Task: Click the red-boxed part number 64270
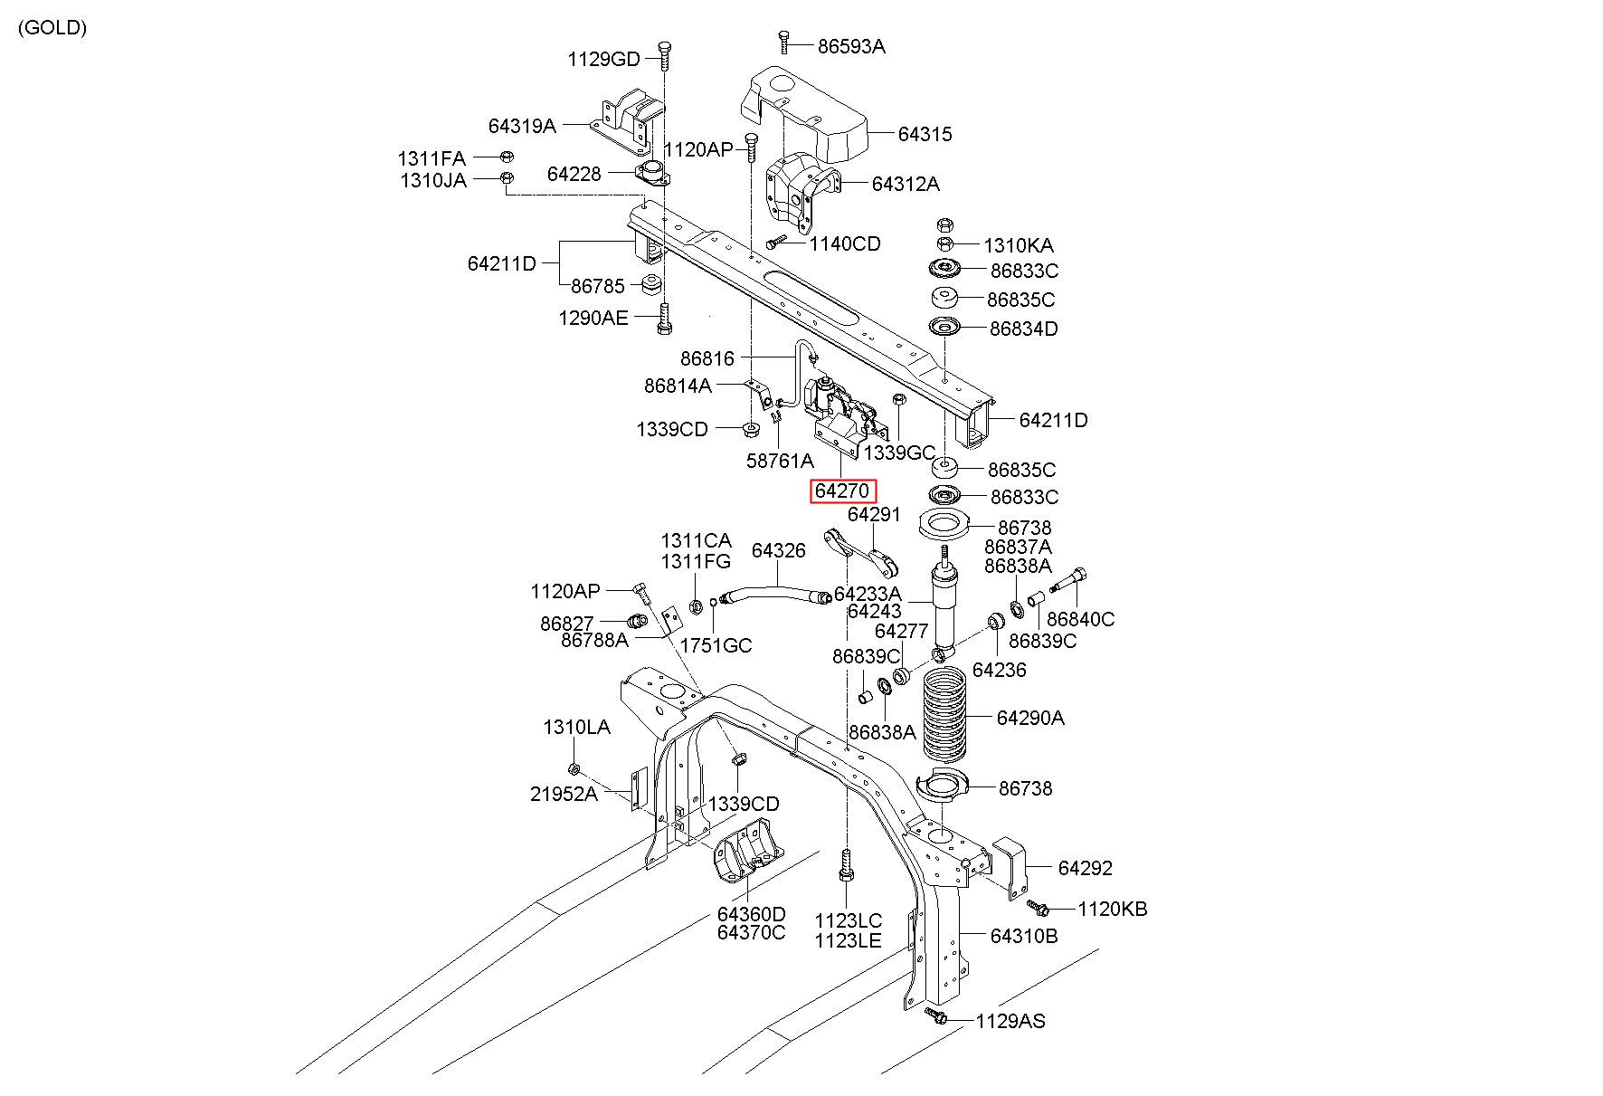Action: click(x=842, y=491)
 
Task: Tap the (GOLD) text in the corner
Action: click(x=52, y=27)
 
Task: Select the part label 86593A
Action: click(x=851, y=46)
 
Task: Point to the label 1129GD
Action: click(x=603, y=60)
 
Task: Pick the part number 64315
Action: click(x=925, y=134)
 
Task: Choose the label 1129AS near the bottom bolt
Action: click(x=1010, y=1022)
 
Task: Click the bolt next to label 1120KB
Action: click(x=1037, y=905)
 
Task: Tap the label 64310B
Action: click(x=1023, y=936)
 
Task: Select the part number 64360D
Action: click(x=752, y=914)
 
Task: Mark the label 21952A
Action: click(x=564, y=795)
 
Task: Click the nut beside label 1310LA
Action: click(x=574, y=769)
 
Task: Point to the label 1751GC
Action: click(x=716, y=645)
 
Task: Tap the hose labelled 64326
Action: click(x=775, y=594)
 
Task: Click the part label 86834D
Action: click(x=1023, y=329)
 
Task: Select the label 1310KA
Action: click(x=1019, y=245)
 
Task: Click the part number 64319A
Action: click(x=522, y=126)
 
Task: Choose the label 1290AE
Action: click(x=593, y=318)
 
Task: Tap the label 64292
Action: click(x=1085, y=868)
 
